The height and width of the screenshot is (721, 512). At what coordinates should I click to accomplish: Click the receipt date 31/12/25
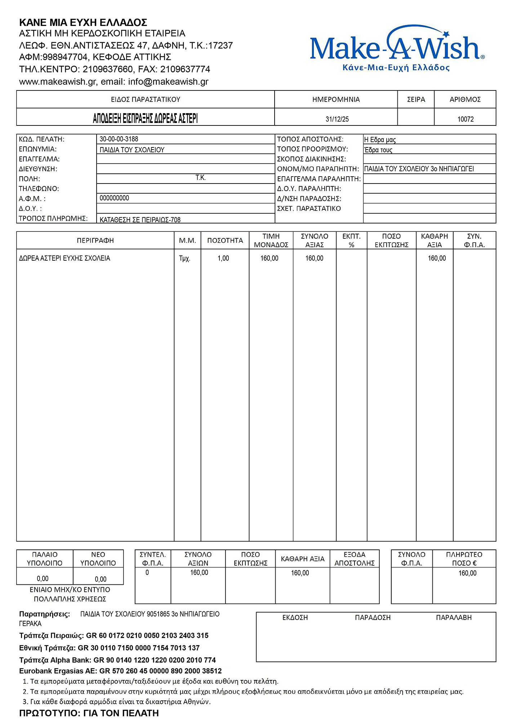337,119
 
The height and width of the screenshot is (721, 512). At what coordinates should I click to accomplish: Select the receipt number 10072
465,119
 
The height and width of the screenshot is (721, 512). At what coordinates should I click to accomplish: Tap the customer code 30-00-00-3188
119,139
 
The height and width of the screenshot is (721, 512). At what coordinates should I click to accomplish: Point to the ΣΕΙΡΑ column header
416,99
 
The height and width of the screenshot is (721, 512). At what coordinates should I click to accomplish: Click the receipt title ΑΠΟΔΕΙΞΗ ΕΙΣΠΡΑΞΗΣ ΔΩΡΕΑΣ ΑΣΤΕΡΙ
145,118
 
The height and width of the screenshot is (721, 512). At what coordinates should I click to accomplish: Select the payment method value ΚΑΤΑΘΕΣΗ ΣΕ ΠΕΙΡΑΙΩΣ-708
140,220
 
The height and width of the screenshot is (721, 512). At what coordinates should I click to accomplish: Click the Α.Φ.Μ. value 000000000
114,198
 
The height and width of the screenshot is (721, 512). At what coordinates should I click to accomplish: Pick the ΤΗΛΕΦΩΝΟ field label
39,189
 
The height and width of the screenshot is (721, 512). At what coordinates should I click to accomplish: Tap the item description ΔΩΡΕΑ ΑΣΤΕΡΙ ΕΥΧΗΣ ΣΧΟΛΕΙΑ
64,258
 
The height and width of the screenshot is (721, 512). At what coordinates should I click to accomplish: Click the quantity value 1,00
223,258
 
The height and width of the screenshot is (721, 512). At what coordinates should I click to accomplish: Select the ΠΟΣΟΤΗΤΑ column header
225,240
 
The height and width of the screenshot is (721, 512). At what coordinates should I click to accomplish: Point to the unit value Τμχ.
184,258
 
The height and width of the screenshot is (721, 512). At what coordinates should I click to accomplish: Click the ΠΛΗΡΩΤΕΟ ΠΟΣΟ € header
464,558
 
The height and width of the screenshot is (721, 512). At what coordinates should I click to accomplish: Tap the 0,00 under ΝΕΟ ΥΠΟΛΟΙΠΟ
101,579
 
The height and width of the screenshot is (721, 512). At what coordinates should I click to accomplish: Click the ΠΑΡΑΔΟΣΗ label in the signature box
373,618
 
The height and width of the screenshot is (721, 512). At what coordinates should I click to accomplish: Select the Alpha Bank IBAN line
117,660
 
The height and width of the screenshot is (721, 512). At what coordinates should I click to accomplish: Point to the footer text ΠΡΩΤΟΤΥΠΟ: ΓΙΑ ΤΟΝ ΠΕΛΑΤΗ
89,713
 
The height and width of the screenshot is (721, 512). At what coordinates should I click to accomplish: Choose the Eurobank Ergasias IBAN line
120,671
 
